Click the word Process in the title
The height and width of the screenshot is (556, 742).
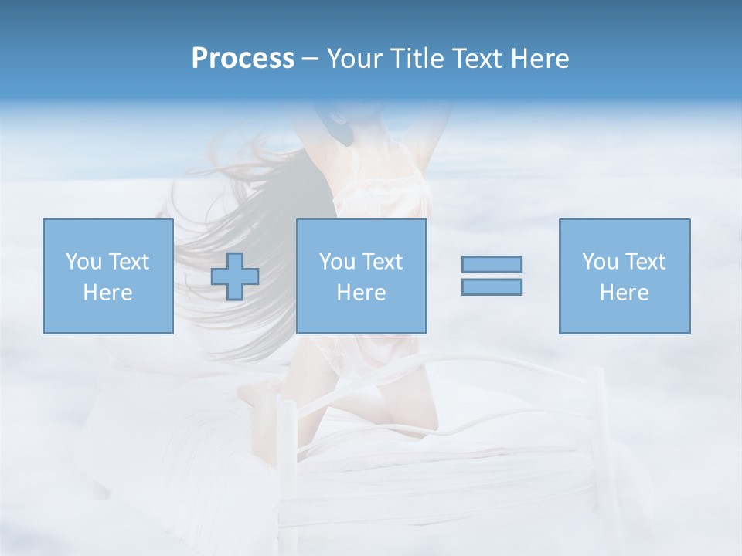point(243,59)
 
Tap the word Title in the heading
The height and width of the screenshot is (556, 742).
point(415,59)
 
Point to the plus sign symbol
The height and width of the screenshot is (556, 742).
point(235,276)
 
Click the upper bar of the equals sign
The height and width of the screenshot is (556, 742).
point(492,264)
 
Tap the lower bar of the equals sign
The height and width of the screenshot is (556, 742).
point(492,286)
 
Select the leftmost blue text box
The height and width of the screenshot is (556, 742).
point(107,276)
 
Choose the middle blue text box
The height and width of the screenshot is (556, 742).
point(361,276)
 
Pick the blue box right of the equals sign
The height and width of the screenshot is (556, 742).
point(624,276)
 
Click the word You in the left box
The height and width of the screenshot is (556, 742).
point(84,262)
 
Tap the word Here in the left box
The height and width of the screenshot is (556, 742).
point(107,293)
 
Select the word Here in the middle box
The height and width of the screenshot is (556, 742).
point(361,293)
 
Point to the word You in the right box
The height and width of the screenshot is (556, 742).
point(600,262)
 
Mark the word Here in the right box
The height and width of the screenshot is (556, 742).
point(624,293)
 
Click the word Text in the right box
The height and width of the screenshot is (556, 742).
point(645,262)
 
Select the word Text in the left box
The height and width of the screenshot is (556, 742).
point(128,262)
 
